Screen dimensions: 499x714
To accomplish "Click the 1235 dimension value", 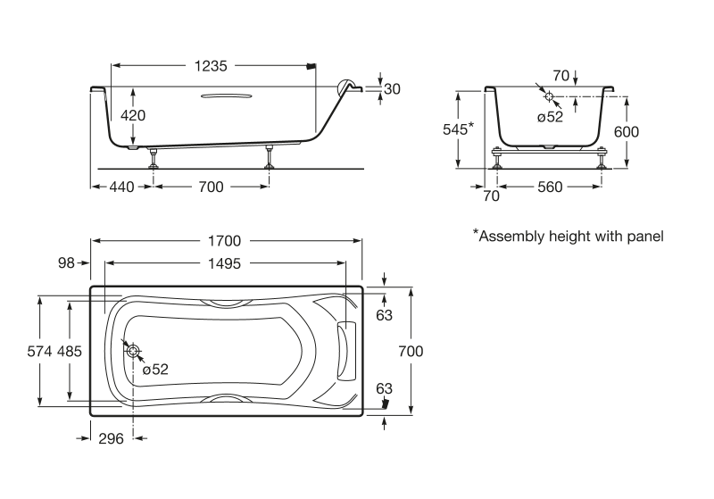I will [212, 65].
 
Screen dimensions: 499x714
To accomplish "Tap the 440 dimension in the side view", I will [121, 187].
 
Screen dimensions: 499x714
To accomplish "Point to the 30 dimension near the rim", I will [393, 88].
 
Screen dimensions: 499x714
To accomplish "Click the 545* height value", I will [458, 129].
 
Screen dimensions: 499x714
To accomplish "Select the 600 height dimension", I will [627, 131].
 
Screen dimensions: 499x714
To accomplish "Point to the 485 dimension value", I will [70, 352].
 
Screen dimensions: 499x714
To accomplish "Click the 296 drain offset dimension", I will [110, 437].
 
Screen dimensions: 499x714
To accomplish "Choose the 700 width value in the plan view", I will [411, 351].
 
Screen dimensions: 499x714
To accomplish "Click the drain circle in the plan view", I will [133, 351].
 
